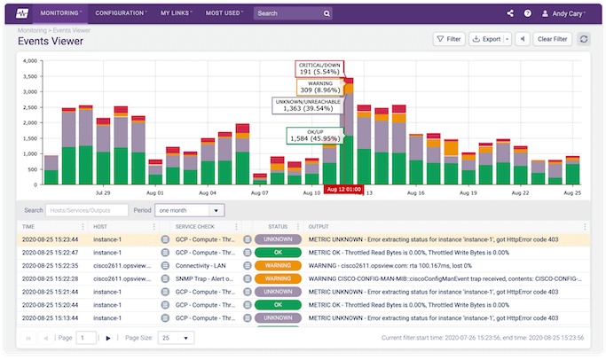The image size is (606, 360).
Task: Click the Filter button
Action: point(449,39)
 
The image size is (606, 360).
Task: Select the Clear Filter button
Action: point(552,39)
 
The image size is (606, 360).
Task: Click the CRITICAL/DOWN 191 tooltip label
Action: point(319,70)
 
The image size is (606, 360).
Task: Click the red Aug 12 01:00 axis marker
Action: point(342,190)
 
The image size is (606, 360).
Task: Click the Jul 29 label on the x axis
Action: point(102,192)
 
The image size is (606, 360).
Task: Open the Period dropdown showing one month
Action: point(189,210)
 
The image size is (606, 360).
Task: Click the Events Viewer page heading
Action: point(51,41)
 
